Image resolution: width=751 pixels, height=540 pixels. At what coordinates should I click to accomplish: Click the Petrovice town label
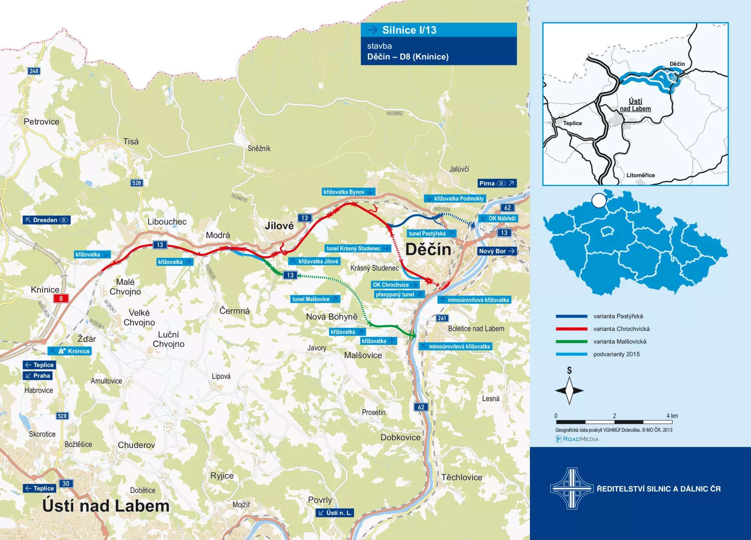tap(41, 122)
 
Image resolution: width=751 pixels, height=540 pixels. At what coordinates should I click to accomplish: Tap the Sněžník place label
tap(259, 148)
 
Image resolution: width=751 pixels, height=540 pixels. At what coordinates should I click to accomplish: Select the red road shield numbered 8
tap(61, 298)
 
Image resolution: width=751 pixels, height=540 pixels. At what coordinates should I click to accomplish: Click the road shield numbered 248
tap(34, 71)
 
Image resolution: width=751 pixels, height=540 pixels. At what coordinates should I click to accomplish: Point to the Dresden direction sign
tap(46, 220)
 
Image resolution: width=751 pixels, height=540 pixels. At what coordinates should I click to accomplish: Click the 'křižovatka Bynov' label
tap(348, 192)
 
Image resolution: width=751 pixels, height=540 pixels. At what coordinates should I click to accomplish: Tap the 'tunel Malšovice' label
tap(315, 299)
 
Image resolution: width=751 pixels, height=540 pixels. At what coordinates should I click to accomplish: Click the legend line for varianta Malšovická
tap(571, 341)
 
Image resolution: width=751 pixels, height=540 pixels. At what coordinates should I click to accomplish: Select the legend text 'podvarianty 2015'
tap(616, 354)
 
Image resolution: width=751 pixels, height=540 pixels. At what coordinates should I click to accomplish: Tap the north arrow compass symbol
tap(570, 390)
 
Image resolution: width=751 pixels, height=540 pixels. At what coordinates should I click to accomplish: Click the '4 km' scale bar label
tap(672, 416)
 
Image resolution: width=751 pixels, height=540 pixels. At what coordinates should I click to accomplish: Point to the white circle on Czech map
tap(599, 200)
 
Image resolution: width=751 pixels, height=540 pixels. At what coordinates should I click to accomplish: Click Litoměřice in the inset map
tap(640, 175)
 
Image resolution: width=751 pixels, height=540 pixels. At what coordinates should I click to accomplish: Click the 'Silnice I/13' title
tap(409, 30)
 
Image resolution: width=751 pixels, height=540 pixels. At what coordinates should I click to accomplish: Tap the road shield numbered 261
tap(442, 318)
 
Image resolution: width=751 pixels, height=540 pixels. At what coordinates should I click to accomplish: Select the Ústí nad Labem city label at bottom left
tap(106, 506)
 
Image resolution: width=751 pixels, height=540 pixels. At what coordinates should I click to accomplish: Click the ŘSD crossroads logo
tap(572, 488)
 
